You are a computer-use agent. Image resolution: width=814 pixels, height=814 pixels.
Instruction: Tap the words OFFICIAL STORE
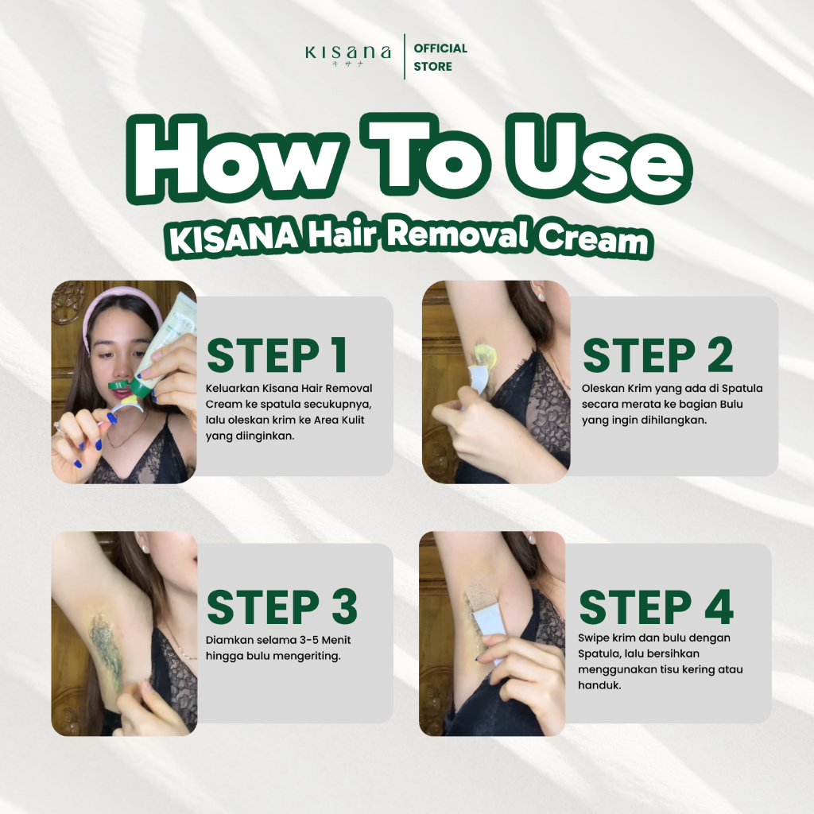(x=440, y=57)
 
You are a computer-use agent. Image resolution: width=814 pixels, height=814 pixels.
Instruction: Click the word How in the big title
(x=235, y=159)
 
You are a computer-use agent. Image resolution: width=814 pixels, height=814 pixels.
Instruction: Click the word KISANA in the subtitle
(x=234, y=239)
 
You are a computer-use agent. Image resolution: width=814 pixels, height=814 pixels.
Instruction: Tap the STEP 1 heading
(x=277, y=355)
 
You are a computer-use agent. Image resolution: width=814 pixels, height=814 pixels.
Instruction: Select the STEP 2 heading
(x=657, y=355)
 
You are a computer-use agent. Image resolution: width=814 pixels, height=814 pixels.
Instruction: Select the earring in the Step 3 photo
(x=144, y=547)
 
